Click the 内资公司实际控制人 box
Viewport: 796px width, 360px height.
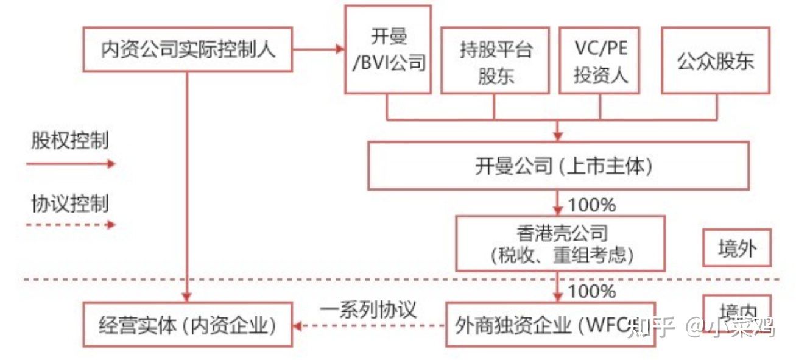click(188, 49)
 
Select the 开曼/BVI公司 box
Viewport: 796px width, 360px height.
click(388, 49)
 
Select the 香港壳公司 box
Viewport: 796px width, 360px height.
click(560, 243)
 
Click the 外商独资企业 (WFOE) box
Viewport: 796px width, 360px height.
click(551, 324)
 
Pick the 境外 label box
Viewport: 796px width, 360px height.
click(737, 247)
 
